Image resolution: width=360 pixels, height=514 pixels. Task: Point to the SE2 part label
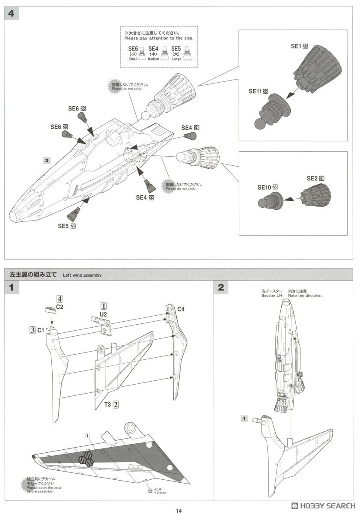tap(315, 178)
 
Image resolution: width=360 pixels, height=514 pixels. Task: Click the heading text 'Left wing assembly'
tap(82, 275)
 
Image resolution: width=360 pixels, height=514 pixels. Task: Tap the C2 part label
tap(60, 307)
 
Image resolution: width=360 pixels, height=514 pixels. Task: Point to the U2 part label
tap(103, 314)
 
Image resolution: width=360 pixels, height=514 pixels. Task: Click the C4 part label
tap(181, 309)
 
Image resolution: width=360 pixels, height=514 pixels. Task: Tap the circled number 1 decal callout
tap(88, 436)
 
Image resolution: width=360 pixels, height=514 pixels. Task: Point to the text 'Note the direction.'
tap(305, 296)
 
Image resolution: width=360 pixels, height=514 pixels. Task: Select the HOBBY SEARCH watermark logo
tap(324, 505)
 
